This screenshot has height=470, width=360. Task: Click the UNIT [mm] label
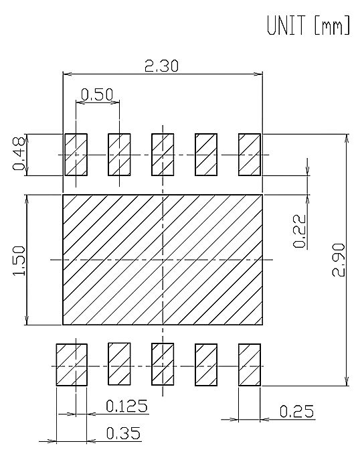click(x=308, y=25)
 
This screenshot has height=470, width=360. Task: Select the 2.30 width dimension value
click(x=161, y=66)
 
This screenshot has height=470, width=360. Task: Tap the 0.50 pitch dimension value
click(x=97, y=94)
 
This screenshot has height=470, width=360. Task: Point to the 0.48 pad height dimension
click(x=18, y=153)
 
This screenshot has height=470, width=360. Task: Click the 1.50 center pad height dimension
click(x=18, y=260)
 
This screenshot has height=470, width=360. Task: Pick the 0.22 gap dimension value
click(x=300, y=231)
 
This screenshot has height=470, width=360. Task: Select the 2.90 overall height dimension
click(x=339, y=260)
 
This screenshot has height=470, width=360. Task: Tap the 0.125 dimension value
click(x=126, y=406)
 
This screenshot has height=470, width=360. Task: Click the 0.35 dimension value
click(x=123, y=433)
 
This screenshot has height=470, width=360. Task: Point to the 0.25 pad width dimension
click(x=297, y=411)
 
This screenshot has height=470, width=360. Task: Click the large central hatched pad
click(x=163, y=260)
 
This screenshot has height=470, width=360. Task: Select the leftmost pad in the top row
click(x=76, y=155)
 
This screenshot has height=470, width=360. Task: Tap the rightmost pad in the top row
click(x=250, y=155)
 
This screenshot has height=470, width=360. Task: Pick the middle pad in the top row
click(x=163, y=155)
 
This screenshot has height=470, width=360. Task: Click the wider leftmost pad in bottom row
click(x=72, y=365)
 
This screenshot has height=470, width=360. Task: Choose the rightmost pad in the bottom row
click(x=250, y=365)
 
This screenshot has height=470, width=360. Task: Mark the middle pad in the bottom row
click(x=163, y=364)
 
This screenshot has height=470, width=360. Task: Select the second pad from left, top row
click(x=119, y=155)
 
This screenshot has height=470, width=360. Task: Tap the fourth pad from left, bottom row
click(x=206, y=365)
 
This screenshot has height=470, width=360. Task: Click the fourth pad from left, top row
click(x=206, y=155)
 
